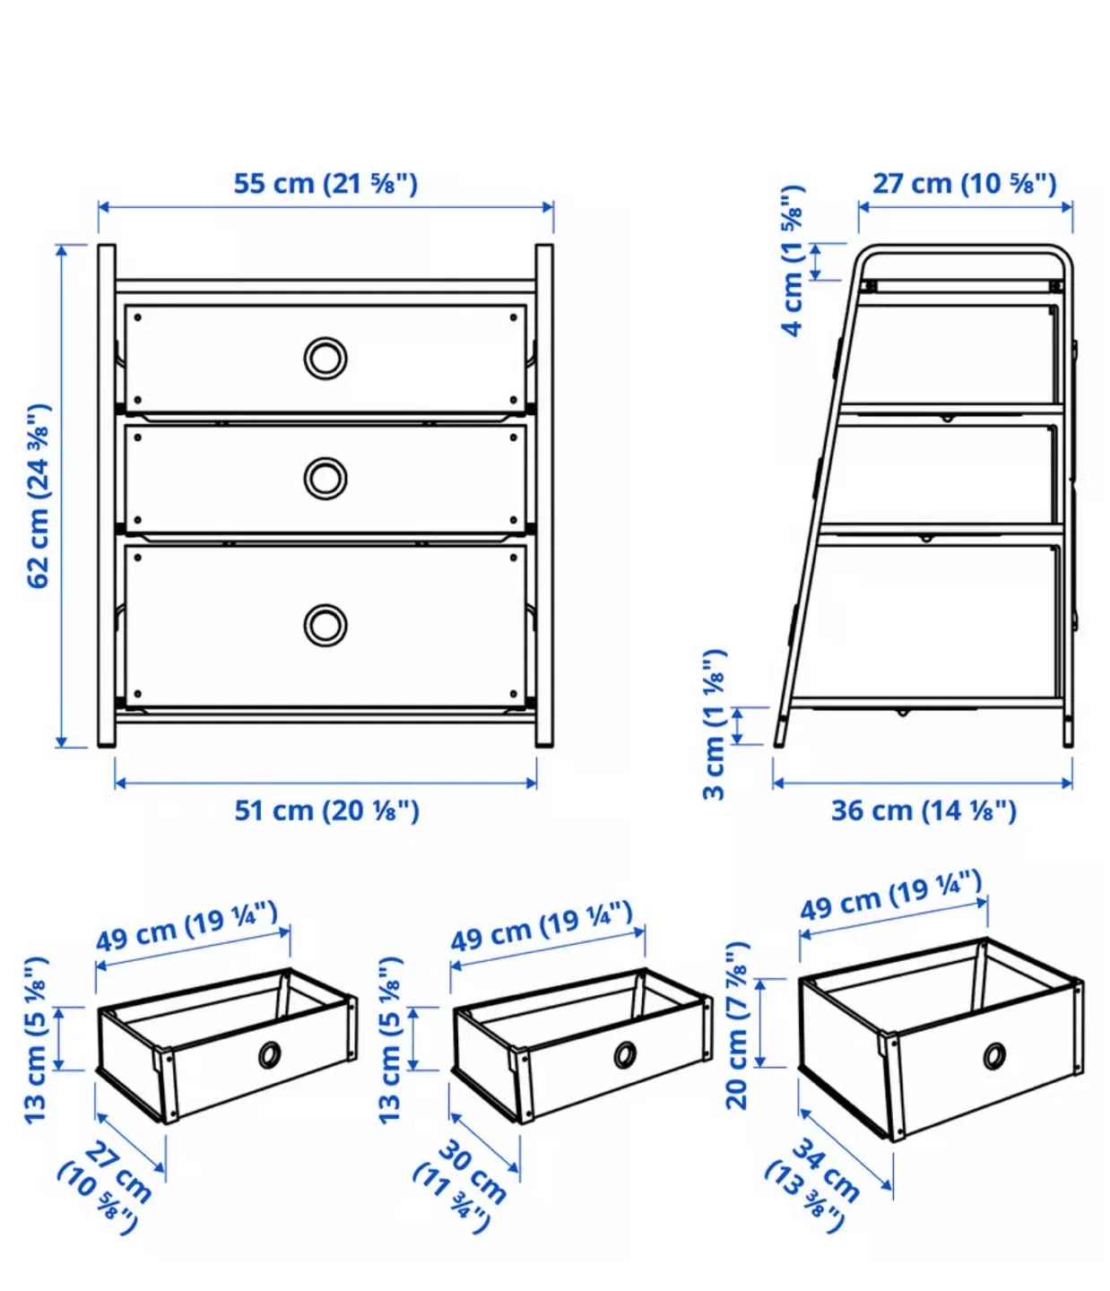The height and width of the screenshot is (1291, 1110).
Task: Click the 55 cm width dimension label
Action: [325, 184]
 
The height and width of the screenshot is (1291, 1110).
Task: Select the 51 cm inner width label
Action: [326, 810]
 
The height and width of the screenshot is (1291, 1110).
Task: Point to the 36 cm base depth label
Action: [924, 810]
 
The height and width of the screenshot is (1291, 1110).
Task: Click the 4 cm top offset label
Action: [793, 261]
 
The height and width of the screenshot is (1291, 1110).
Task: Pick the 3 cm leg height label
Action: [714, 724]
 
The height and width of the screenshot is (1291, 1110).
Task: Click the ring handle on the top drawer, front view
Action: [325, 359]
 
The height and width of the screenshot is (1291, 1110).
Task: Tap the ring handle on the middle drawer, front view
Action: [325, 478]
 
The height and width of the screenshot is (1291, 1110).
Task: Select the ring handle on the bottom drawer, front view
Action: [325, 625]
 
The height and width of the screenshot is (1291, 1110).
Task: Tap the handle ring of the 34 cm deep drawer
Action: [993, 1056]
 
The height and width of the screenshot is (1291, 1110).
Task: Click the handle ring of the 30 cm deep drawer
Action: [625, 1054]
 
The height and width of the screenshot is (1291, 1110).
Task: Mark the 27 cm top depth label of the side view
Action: [965, 184]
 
